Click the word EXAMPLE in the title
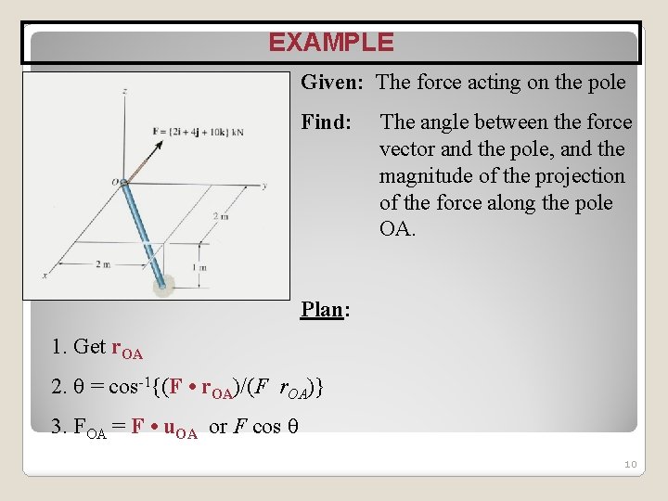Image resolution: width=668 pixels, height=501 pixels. (x=331, y=43)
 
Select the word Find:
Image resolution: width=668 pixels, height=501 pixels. (x=327, y=122)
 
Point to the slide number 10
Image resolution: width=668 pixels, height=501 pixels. (x=629, y=464)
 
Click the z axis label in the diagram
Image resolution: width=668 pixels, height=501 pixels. (x=124, y=90)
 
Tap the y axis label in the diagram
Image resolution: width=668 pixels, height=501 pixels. (x=264, y=186)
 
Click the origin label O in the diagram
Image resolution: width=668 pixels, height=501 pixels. (x=115, y=183)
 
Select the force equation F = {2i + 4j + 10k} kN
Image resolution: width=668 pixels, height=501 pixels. (x=198, y=132)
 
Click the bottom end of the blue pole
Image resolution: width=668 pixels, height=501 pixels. (x=163, y=285)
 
